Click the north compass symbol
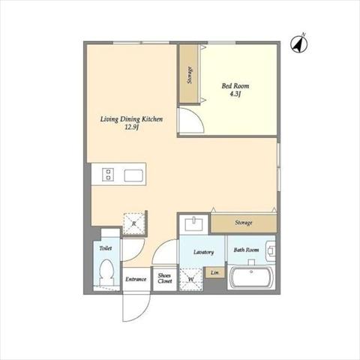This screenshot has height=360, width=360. click(299, 43)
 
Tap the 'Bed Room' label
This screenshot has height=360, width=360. click(235, 86)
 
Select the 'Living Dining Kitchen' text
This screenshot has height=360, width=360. click(131, 119)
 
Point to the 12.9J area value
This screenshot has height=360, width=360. click(131, 127)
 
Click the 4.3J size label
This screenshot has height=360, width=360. click(235, 94)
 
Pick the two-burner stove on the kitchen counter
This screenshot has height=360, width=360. click(108, 174)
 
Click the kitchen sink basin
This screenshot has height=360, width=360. click(133, 175)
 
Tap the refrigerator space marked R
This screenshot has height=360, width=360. click(134, 223)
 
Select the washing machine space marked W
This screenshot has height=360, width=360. click(191, 279)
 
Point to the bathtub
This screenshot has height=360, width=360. click(251, 277)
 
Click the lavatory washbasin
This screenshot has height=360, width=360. click(194, 224)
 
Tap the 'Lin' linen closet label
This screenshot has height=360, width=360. click(214, 272)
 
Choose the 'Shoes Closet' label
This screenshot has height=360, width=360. click(164, 278)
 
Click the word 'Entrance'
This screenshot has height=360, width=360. click(136, 279)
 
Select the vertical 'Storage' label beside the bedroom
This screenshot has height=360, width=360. click(190, 75)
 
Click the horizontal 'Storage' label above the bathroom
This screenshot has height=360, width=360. click(244, 223)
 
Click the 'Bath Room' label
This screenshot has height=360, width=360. click(246, 250)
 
